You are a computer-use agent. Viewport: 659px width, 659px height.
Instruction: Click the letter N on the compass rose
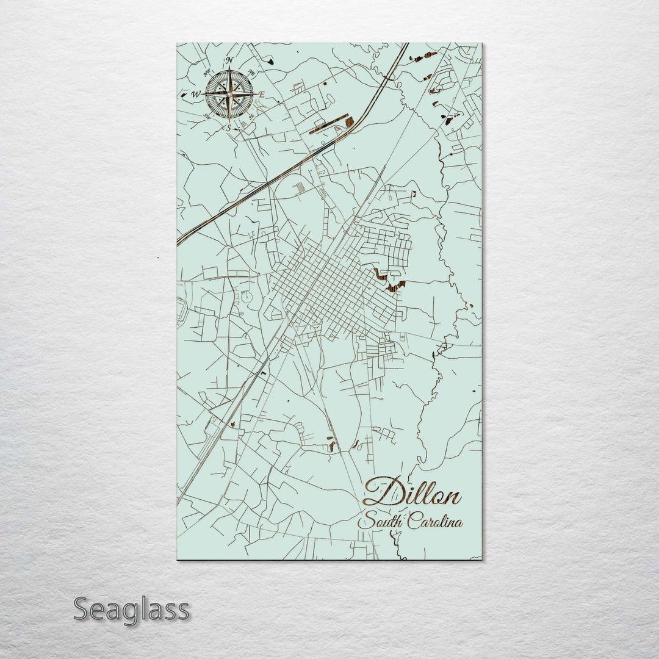(229, 60)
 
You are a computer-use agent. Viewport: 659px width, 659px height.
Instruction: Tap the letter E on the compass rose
(261, 95)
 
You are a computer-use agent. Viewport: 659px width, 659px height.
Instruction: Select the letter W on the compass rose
(195, 95)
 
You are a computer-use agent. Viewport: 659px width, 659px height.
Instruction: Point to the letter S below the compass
(229, 128)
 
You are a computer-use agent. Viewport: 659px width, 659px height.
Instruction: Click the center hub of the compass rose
(229, 94)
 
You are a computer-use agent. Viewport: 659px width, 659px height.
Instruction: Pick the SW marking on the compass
(206, 117)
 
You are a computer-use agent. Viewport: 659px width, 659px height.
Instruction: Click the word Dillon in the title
(412, 493)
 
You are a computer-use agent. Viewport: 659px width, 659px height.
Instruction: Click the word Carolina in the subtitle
(435, 522)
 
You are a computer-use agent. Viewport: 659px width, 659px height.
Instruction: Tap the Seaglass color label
(131, 610)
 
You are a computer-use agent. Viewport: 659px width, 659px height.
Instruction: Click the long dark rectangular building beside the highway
(329, 124)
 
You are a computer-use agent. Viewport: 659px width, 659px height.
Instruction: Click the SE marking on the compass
(251, 117)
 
